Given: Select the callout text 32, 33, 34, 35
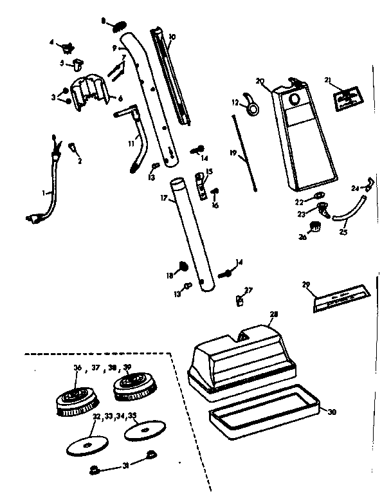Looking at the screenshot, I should [x=113, y=416].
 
